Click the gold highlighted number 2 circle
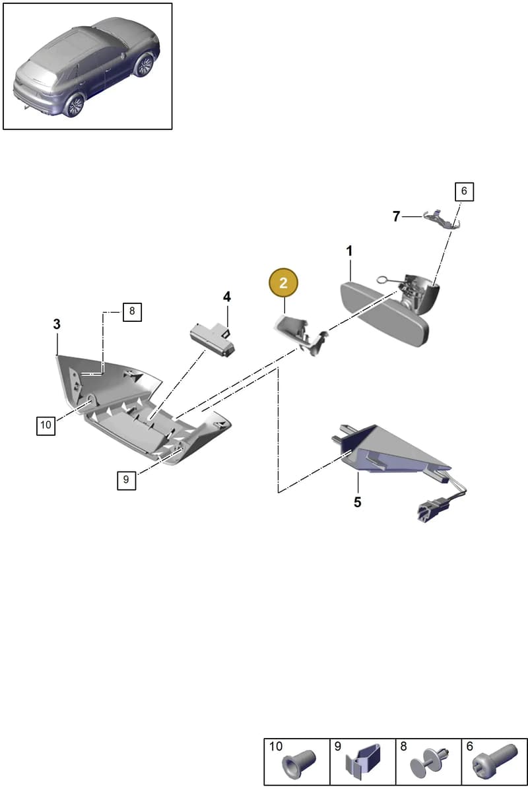(x=283, y=283)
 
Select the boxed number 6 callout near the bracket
(x=464, y=191)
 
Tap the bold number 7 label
(x=396, y=216)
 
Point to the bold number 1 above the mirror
(x=349, y=251)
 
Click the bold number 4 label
(x=226, y=297)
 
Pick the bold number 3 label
(x=57, y=324)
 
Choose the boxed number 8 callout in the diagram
(x=132, y=312)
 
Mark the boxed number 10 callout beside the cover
(x=46, y=425)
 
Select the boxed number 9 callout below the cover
(x=126, y=480)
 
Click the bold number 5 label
(x=358, y=502)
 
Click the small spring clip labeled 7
(x=442, y=218)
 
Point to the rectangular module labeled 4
(x=213, y=339)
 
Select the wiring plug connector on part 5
(x=427, y=512)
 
